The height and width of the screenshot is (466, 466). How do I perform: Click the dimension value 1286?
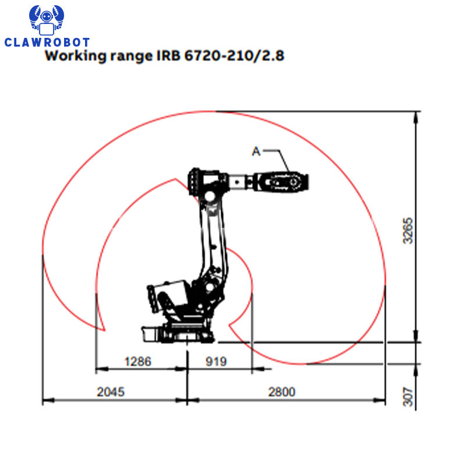[138, 361]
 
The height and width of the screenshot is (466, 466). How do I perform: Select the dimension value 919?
[216, 361]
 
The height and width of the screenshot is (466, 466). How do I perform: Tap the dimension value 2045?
[111, 391]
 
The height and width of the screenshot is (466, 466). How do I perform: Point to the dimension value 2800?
[282, 391]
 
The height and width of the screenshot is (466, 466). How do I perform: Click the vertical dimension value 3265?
[408, 231]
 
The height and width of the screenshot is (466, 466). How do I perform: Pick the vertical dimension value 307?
[408, 397]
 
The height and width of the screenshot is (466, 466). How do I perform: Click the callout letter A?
[256, 151]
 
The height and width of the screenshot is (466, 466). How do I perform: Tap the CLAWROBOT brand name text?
[47, 42]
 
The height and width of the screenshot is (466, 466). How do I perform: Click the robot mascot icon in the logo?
[47, 20]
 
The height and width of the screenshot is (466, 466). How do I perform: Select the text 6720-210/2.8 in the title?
[234, 55]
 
